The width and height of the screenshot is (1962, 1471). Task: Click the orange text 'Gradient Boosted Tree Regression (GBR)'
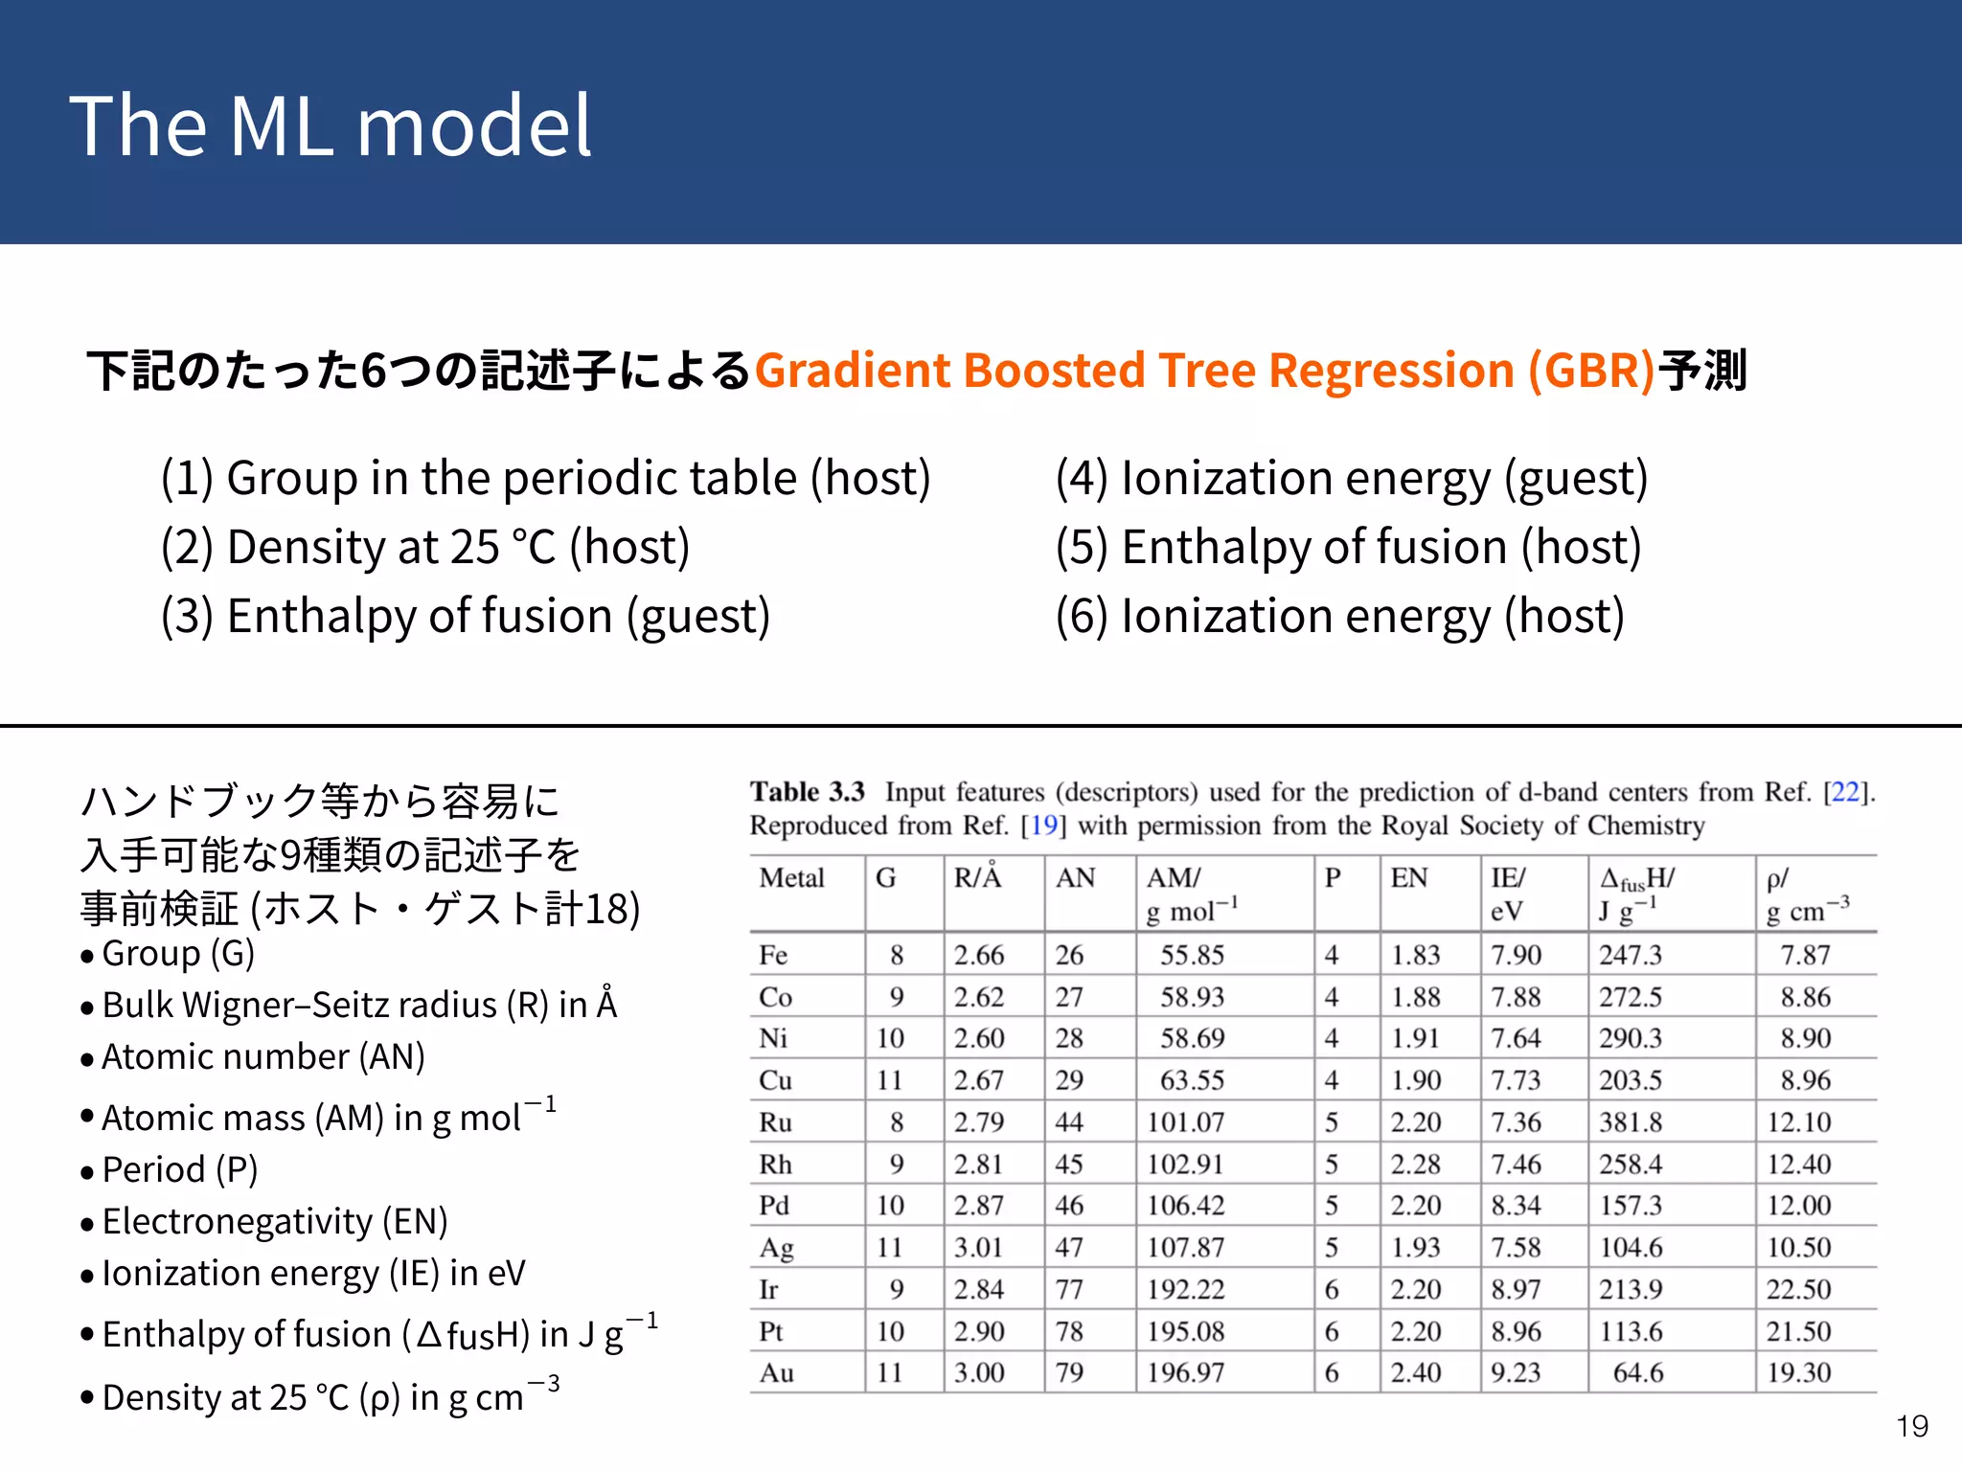(1204, 370)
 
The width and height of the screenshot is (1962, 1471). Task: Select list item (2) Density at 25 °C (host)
(425, 547)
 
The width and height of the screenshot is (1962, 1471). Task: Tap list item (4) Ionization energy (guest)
(1351, 478)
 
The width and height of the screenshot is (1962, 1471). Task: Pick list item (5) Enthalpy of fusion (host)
(1348, 547)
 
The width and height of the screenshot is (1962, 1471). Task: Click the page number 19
(1911, 1426)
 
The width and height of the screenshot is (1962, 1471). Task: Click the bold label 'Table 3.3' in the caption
(807, 792)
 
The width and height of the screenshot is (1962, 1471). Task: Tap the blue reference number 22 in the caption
(1844, 792)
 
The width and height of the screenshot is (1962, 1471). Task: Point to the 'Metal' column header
(791, 878)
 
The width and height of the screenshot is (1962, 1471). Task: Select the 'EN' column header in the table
(1408, 878)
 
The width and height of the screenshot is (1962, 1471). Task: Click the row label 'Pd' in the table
(774, 1206)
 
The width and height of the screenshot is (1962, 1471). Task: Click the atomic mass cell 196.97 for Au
(1185, 1372)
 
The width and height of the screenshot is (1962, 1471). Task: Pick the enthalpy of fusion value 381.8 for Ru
(1630, 1121)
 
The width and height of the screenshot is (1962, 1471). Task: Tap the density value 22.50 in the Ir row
(1798, 1289)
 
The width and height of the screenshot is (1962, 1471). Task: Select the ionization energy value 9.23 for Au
(1516, 1372)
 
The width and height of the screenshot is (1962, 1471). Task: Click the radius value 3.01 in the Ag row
(978, 1247)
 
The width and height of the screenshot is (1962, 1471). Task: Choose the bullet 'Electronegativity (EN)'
(275, 1221)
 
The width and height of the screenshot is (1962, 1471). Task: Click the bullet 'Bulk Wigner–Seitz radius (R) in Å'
(359, 1005)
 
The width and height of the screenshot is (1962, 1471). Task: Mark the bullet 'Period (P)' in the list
(180, 1169)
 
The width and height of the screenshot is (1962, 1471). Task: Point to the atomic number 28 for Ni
(1069, 1038)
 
